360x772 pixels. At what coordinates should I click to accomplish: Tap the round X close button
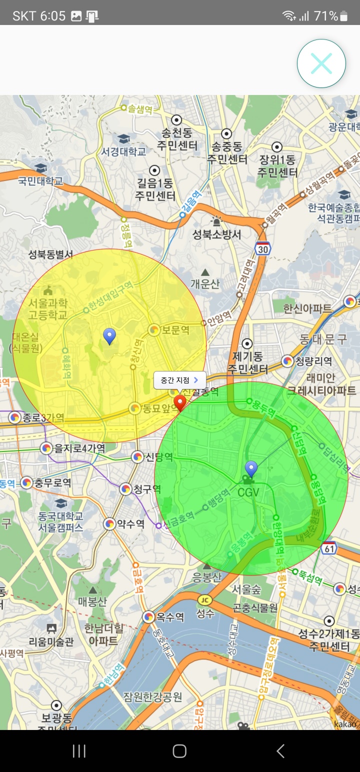click(x=321, y=63)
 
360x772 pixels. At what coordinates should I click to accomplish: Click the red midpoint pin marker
click(x=179, y=402)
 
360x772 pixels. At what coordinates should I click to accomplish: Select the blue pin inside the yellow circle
click(x=109, y=336)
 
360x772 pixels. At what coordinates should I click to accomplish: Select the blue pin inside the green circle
click(x=251, y=469)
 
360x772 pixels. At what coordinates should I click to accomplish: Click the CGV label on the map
click(x=248, y=492)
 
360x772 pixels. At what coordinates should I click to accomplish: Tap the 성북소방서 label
click(x=217, y=234)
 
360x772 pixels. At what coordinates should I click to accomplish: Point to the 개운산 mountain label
click(x=205, y=284)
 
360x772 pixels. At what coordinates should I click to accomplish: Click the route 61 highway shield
click(x=328, y=549)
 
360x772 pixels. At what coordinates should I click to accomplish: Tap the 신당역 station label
click(x=158, y=457)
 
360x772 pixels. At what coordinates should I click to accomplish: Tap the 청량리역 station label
click(x=313, y=361)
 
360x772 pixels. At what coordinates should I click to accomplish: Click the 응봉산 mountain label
click(x=206, y=578)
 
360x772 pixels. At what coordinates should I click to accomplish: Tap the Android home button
click(x=179, y=750)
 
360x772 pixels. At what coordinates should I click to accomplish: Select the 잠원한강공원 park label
click(x=152, y=696)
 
